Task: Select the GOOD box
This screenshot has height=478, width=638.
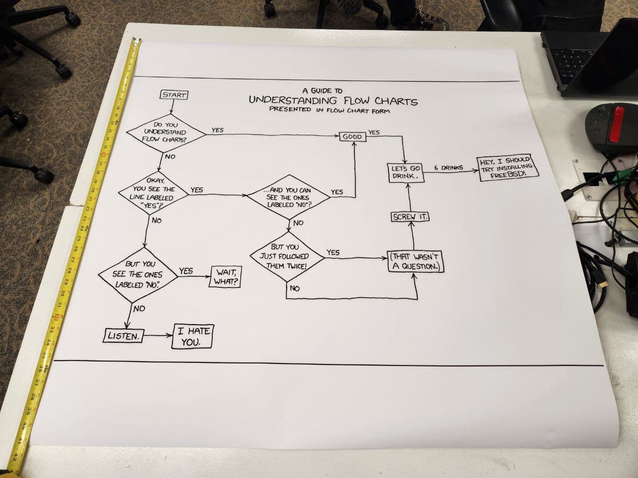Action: tap(352, 136)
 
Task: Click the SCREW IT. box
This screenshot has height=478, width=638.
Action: tap(410, 217)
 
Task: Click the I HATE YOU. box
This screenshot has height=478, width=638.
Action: tap(192, 337)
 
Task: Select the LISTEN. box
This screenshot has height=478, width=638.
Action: tap(123, 336)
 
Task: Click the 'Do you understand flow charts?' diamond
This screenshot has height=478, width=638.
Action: tap(164, 132)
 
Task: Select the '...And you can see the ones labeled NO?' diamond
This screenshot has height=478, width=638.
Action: tap(290, 197)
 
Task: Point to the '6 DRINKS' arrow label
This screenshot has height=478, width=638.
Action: tap(448, 168)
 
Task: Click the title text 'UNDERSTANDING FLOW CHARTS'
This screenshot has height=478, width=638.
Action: tap(333, 101)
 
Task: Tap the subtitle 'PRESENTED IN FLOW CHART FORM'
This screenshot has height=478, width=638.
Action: tap(329, 110)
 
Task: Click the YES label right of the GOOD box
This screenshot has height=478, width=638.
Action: tap(374, 132)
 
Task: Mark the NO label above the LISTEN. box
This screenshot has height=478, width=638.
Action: tap(139, 309)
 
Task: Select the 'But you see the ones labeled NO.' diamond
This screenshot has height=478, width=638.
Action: tap(139, 274)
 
